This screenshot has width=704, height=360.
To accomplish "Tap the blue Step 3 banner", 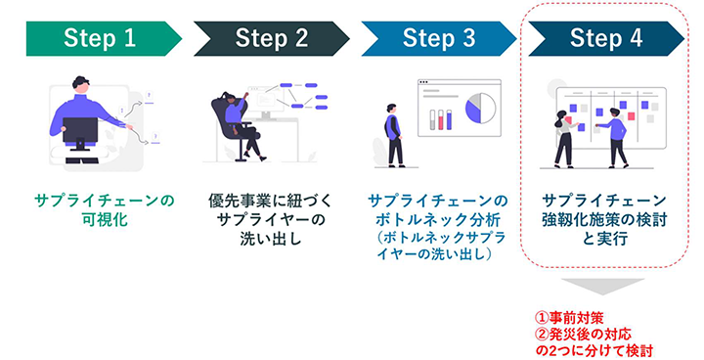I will coord(439,38).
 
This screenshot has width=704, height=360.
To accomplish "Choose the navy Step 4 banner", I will coord(606,38).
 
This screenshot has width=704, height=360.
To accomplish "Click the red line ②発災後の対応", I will coord(581,333).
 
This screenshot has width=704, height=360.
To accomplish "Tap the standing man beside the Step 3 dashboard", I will coord(393,134).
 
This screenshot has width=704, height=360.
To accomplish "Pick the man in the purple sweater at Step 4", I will coord(615,137).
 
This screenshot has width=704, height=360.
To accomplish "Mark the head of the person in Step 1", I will coord(81,85).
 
